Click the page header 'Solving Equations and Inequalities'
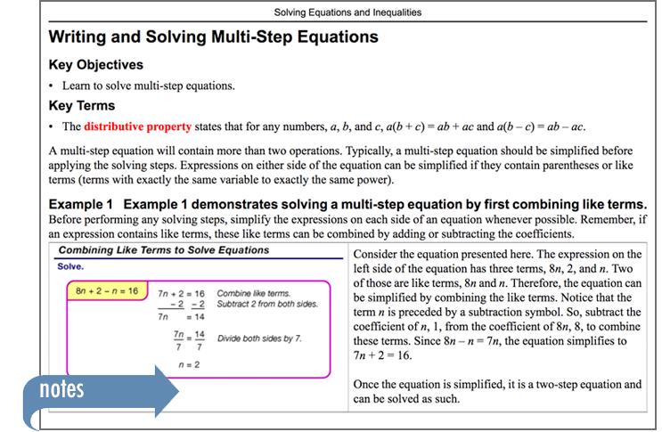pos(347,12)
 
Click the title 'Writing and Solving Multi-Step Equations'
pos(213,37)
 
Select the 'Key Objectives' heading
pos(96,64)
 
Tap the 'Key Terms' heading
pos(81,105)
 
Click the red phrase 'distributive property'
pos(137,126)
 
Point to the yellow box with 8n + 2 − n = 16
pos(107,290)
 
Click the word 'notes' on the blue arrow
pos(61,389)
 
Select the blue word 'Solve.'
pos(70,266)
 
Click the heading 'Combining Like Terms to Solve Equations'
pos(164,250)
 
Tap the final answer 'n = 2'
pos(189,365)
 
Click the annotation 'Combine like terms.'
pos(253,293)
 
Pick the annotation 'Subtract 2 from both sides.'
pos(267,304)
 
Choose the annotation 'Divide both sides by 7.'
pos(259,338)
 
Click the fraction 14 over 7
pos(200,340)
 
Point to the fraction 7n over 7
pos(178,340)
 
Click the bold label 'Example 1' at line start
pos(81,205)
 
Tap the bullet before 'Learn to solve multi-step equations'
pos(51,86)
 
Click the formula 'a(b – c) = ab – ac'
pos(541,126)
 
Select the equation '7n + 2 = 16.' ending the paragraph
pos(382,355)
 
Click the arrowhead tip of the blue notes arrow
pos(178,391)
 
